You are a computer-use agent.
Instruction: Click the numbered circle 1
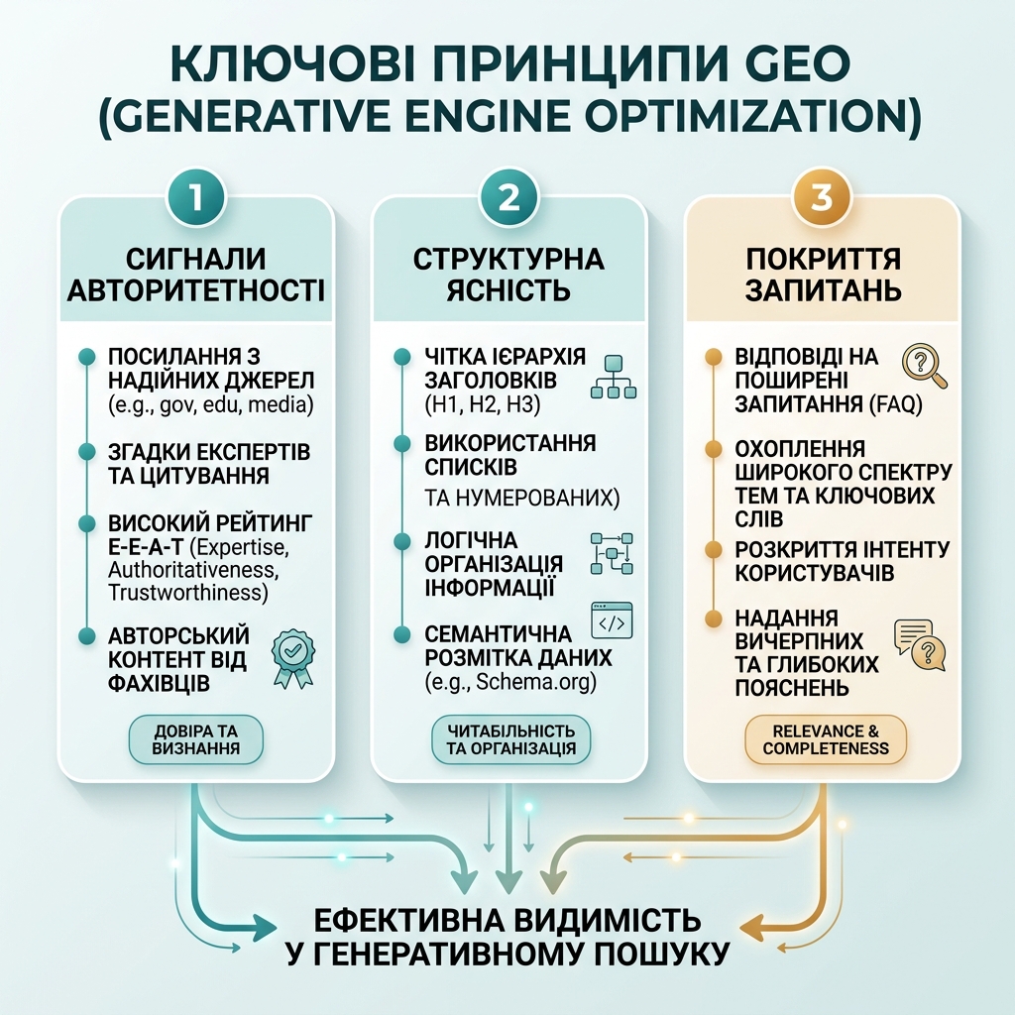pos(195,197)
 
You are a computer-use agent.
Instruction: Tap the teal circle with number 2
pos(508,197)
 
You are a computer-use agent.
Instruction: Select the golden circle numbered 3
pos(822,197)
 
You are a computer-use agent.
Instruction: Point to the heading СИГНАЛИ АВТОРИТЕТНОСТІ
pos(195,275)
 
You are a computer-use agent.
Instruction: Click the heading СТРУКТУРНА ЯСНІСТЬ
pos(508,275)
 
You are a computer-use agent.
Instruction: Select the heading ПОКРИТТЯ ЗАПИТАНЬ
pos(823,275)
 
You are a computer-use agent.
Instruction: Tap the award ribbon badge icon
pos(292,658)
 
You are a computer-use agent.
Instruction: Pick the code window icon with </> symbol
pos(612,620)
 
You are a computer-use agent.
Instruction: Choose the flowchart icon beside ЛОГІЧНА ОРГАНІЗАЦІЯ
pos(612,553)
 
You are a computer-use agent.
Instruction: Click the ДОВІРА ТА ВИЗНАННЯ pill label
pos(196,739)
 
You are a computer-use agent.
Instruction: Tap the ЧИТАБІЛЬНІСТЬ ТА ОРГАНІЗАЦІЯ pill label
pos(510,739)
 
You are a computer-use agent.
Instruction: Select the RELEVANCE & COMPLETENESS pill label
pos(826,739)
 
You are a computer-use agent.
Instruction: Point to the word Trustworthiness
pos(187,593)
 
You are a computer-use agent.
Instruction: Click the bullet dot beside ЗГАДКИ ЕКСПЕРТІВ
pos(87,452)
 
